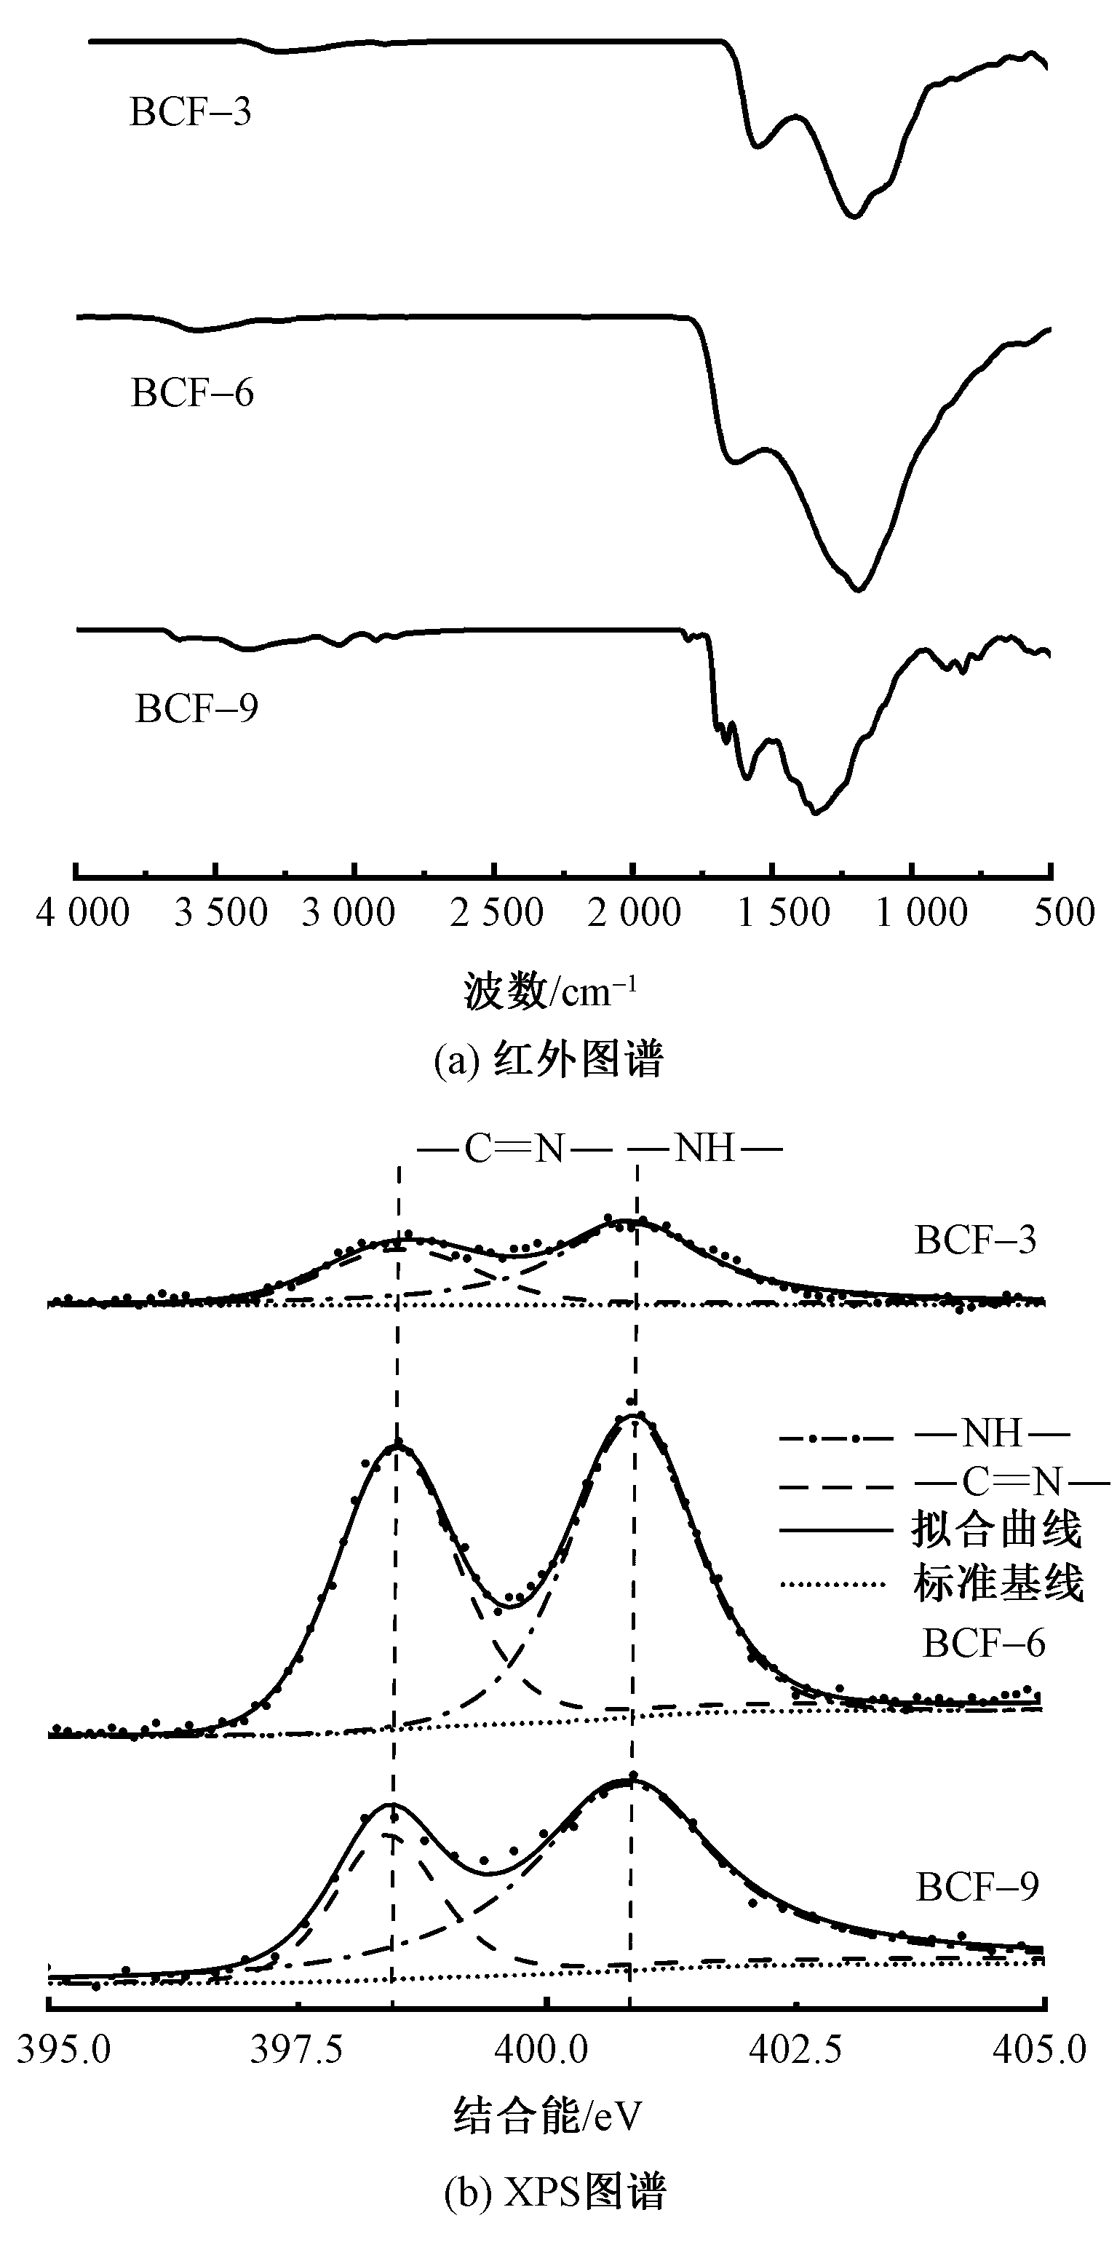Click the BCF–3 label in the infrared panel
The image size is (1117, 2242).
(191, 113)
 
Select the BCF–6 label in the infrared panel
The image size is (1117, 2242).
(192, 393)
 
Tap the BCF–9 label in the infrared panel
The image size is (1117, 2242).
(196, 708)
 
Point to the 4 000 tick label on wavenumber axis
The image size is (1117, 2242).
(83, 913)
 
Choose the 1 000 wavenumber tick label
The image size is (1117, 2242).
(921, 913)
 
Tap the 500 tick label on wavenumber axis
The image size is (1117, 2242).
(1064, 913)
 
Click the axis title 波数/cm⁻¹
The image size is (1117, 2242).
(551, 991)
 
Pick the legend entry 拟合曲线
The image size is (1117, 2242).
(997, 1529)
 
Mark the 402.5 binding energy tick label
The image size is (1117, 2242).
(795, 2051)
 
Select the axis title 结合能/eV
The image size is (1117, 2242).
(547, 2115)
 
